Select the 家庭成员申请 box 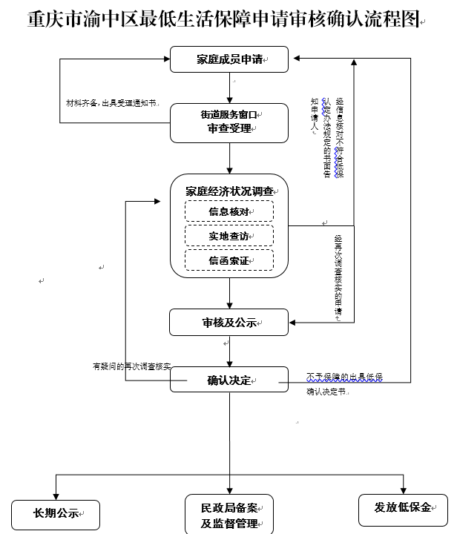click(229, 59)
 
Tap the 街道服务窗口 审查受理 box click(229, 122)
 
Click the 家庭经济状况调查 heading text click(229, 191)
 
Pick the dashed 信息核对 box click(229, 211)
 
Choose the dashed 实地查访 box click(229, 236)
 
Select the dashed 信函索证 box click(229, 260)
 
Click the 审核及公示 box click(229, 322)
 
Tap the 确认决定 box click(229, 380)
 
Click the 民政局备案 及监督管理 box click(229, 514)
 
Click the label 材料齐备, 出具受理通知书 click(112, 102)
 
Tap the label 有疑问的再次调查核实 click(131, 366)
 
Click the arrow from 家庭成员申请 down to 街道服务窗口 click(229, 88)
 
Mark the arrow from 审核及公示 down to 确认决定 click(229, 351)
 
